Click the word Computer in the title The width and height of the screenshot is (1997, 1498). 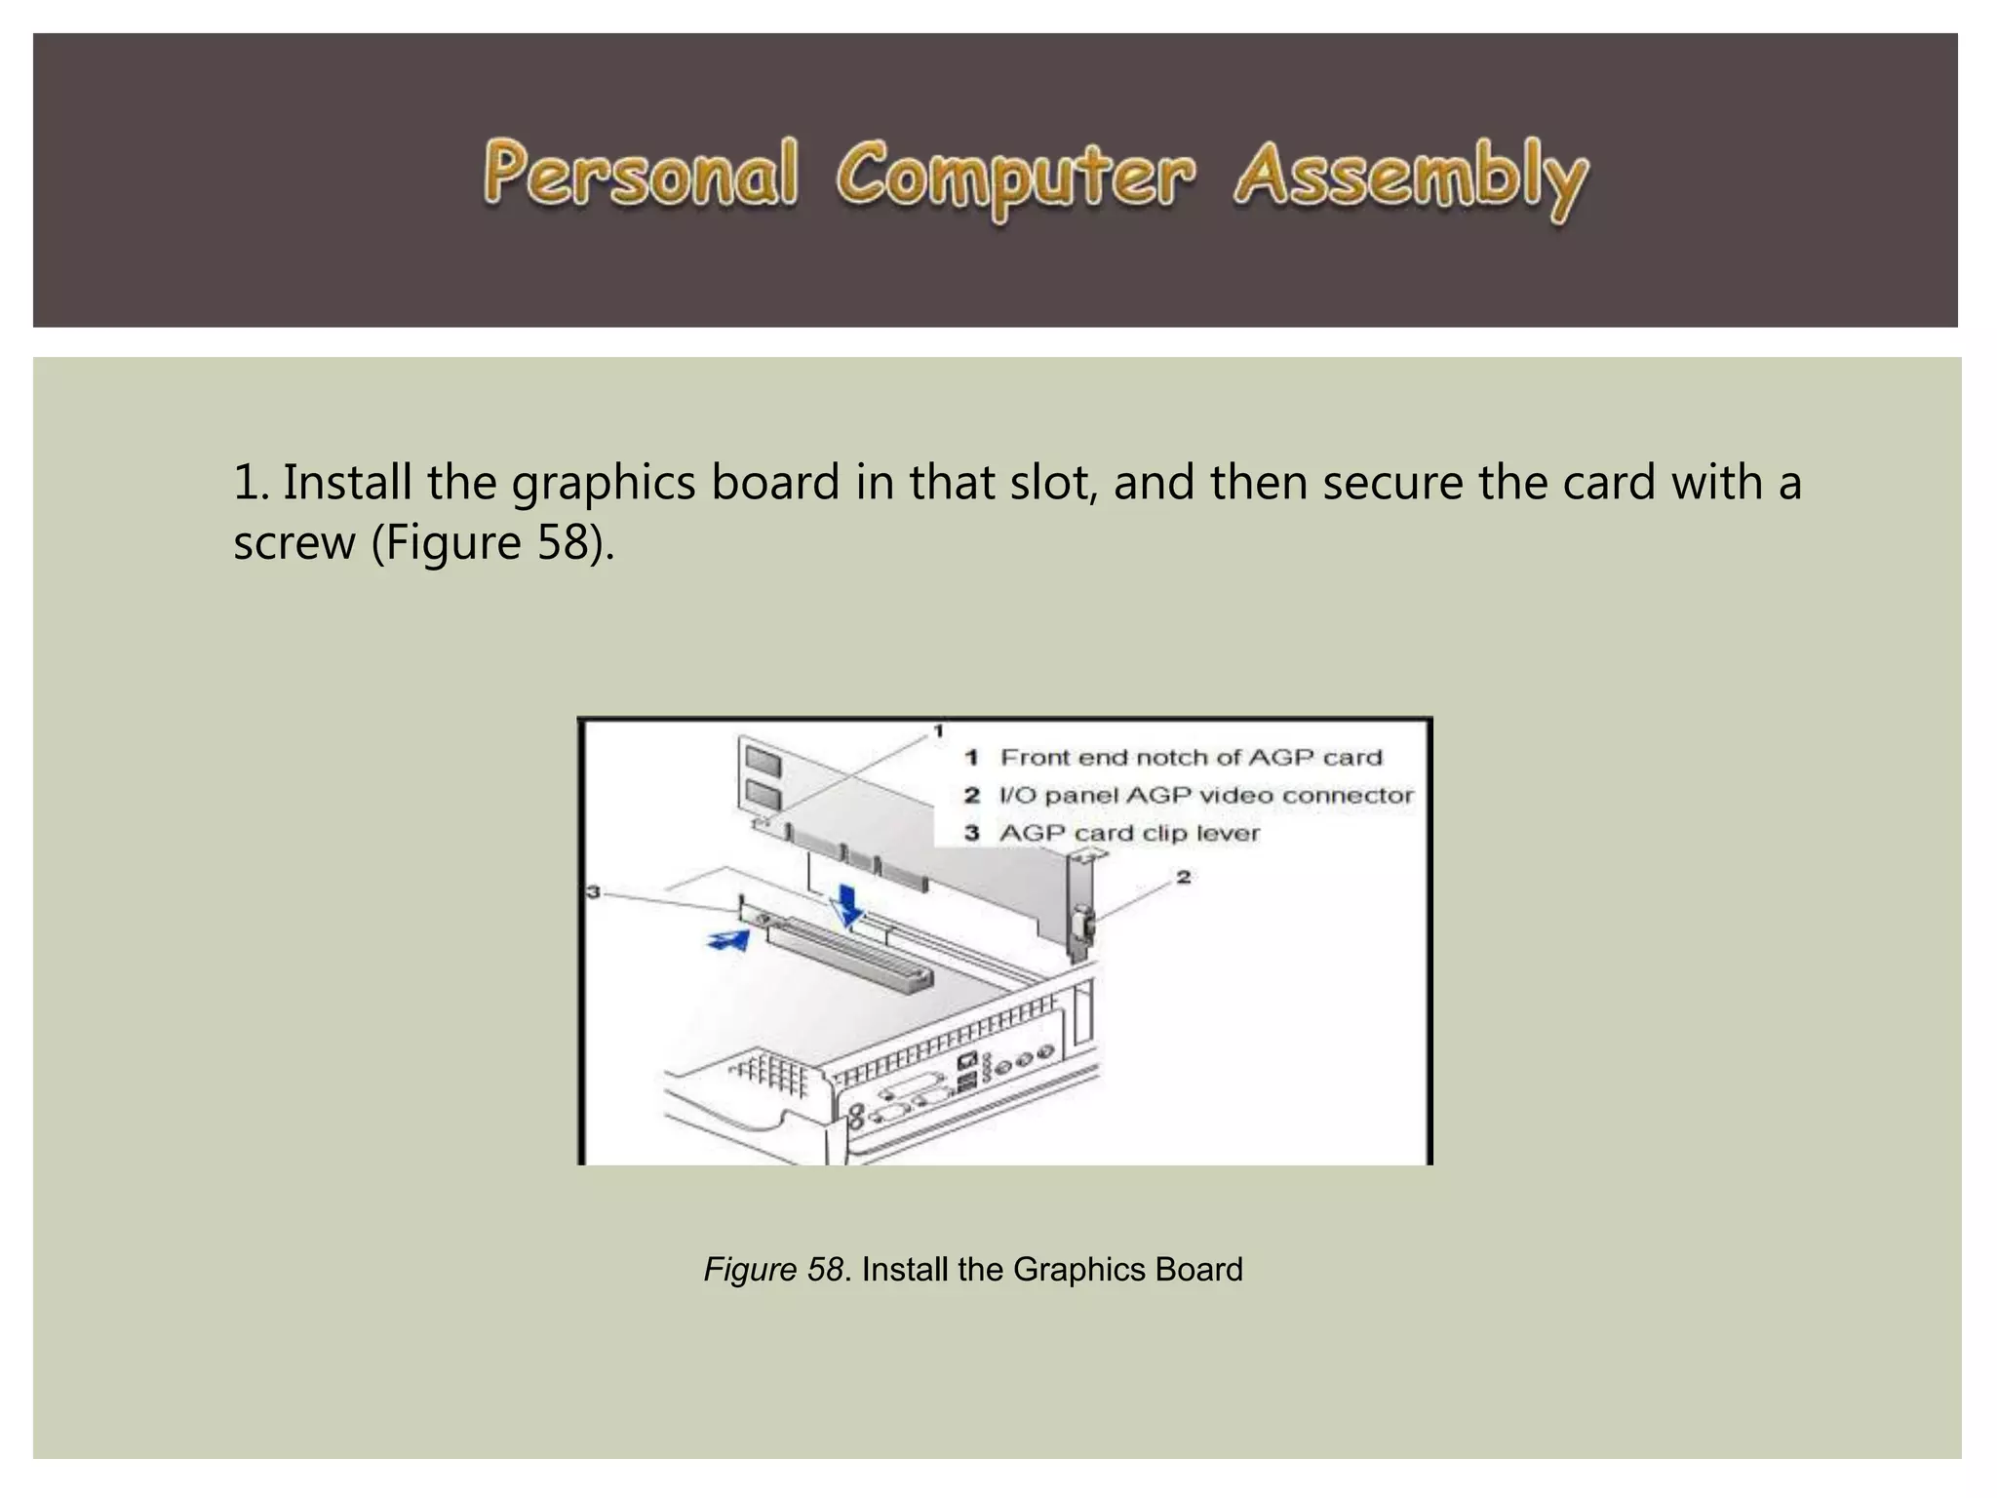click(x=1014, y=178)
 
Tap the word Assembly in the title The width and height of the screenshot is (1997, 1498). click(x=1410, y=178)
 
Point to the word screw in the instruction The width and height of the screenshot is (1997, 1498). click(x=294, y=542)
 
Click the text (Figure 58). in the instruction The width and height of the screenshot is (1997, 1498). click(x=492, y=542)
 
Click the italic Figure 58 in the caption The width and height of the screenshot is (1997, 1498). click(x=773, y=1270)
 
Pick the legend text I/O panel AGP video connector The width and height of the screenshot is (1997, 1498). click(x=1205, y=796)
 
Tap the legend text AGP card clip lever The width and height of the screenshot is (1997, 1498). click(x=1129, y=834)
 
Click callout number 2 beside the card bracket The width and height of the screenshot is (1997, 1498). click(x=1183, y=878)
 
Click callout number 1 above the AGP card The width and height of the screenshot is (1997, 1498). click(x=938, y=730)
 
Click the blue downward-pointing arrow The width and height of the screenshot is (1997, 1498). click(x=849, y=905)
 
